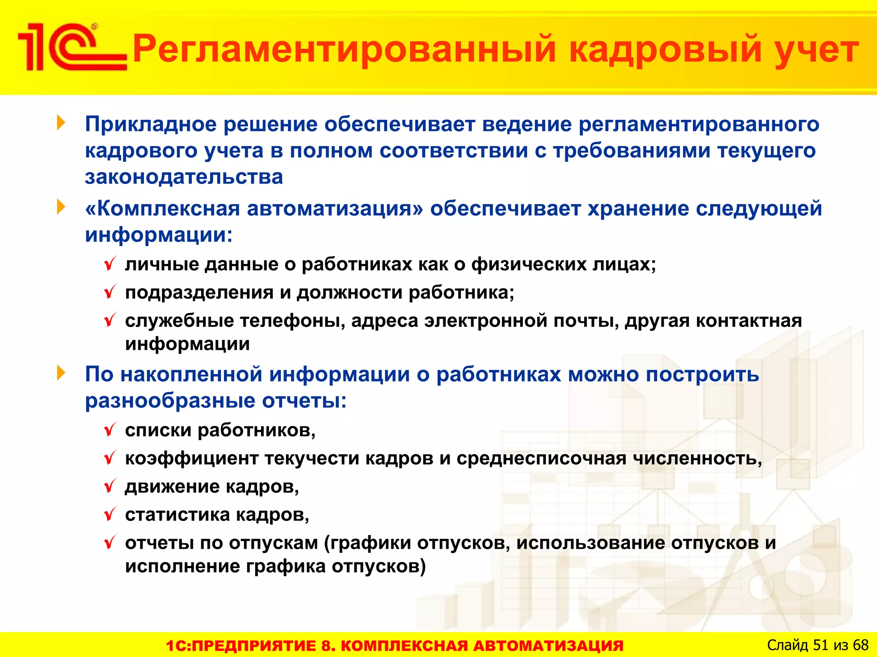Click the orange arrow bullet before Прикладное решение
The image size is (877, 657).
coord(61,123)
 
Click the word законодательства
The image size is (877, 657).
coord(184,177)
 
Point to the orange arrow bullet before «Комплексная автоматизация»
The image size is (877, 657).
coord(61,207)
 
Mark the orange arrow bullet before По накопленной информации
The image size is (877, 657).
coord(61,373)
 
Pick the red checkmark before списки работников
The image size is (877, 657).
coord(110,429)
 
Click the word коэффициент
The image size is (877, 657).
coord(191,458)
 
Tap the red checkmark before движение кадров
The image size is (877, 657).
coord(110,486)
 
